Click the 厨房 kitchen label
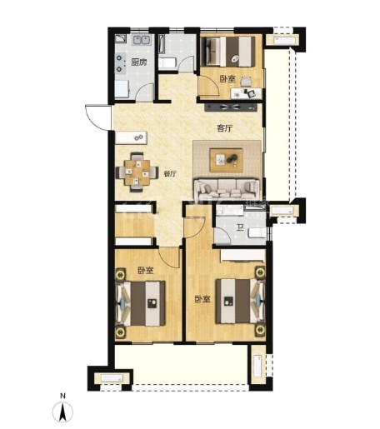pyautogui.click(x=139, y=62)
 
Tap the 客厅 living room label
pyautogui.click(x=224, y=128)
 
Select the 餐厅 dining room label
pyautogui.click(x=170, y=174)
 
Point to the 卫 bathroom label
pyautogui.click(x=240, y=228)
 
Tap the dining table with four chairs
pyautogui.click(x=137, y=172)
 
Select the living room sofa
pyautogui.click(x=227, y=189)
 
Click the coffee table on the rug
pyautogui.click(x=227, y=160)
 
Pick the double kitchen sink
pyautogui.click(x=142, y=40)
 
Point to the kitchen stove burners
pyautogui.click(x=119, y=63)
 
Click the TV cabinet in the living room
pyautogui.click(x=230, y=107)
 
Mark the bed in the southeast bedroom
pyautogui.click(x=240, y=301)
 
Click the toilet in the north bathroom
pyautogui.click(x=167, y=63)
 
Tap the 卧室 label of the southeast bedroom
pyautogui.click(x=202, y=299)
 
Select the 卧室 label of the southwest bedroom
pyautogui.click(x=146, y=271)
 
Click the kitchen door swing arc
pyautogui.click(x=143, y=91)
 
